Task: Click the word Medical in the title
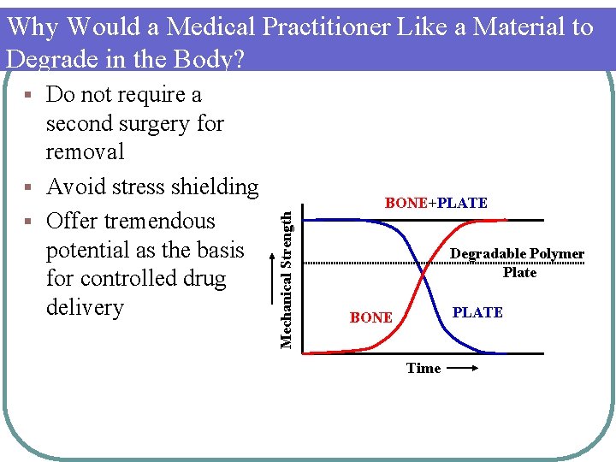210,27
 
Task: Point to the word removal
85,152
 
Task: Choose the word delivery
85,307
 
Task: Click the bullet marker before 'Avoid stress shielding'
29,187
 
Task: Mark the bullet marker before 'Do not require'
29,94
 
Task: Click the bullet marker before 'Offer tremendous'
29,222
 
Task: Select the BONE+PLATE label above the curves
435,203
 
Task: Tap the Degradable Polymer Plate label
518,263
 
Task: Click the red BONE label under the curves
371,317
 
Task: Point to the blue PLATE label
477,312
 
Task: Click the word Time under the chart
423,368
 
